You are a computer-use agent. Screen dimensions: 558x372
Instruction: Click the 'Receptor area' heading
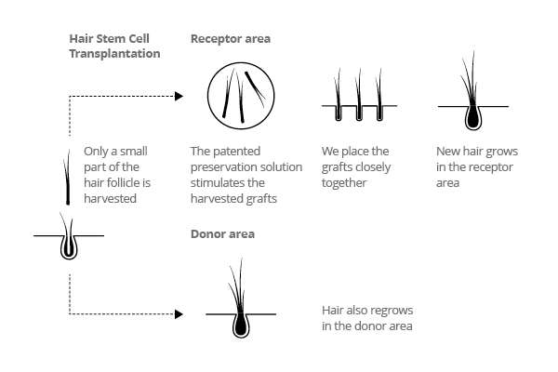click(231, 39)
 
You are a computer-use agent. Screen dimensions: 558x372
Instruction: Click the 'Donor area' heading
click(223, 234)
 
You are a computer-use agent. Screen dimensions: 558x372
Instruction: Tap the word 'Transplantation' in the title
click(114, 54)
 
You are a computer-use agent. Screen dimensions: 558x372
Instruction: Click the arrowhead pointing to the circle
click(179, 96)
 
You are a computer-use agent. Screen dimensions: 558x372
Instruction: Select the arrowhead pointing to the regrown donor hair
click(179, 314)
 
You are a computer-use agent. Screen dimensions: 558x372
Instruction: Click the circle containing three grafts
click(241, 96)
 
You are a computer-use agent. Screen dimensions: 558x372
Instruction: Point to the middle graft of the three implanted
click(359, 95)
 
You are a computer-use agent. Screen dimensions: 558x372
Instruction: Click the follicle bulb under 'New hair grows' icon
click(473, 116)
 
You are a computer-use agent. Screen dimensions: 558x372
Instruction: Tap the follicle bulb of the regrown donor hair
click(241, 325)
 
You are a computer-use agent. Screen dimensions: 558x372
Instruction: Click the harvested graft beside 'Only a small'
click(67, 177)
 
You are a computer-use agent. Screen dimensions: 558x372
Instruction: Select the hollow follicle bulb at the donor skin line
click(69, 246)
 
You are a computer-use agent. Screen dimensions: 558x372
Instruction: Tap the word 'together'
click(344, 183)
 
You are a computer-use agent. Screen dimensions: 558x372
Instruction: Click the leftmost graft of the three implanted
click(338, 95)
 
